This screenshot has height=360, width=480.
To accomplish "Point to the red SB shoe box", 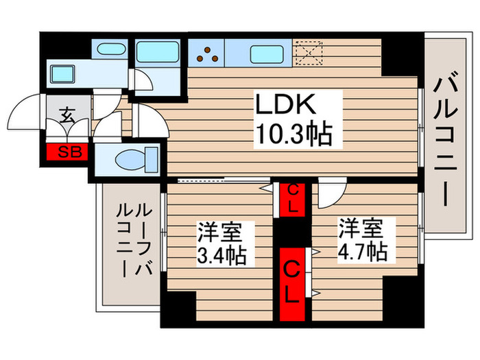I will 67,152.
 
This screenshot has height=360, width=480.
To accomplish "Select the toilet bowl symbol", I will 130,160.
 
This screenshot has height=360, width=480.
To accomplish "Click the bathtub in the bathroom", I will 157,51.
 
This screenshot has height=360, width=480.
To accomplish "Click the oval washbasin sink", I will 108,50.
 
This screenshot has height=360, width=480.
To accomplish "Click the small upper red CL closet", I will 292,198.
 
